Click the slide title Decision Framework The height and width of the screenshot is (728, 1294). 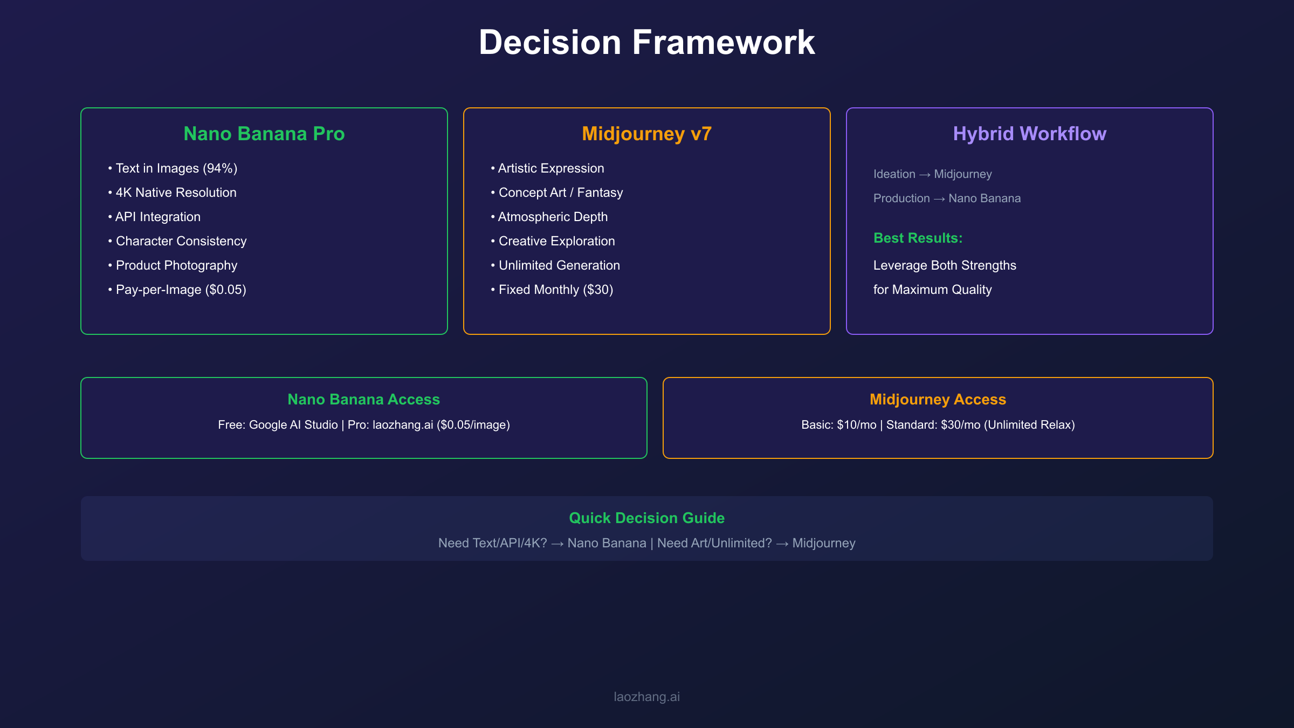646,42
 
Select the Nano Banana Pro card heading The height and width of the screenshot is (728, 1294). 264,134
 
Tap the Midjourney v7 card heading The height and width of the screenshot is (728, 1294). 646,134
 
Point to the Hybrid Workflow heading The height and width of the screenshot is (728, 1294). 1029,134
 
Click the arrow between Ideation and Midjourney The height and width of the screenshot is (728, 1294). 925,175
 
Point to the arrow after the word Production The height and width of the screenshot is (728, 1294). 939,199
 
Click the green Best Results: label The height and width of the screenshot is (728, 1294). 918,238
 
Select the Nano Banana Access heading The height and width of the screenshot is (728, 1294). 363,399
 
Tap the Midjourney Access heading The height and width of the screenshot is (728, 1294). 938,399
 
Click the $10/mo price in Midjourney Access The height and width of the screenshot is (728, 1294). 857,425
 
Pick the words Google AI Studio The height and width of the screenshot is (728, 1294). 293,425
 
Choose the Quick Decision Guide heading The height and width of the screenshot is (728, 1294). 646,518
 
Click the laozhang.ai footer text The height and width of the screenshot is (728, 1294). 646,697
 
